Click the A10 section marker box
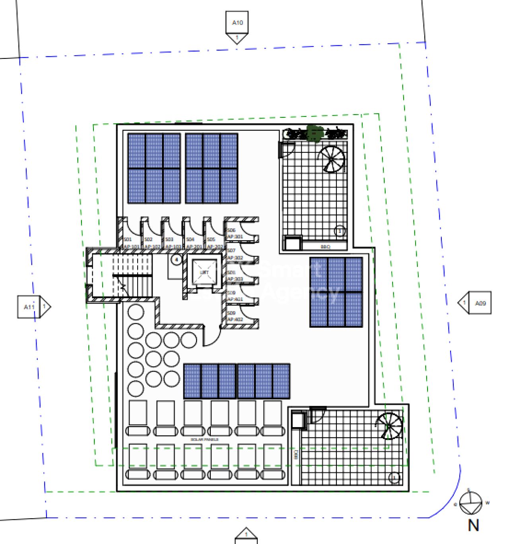coord(237,23)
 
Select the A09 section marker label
coord(480,303)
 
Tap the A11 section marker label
coord(29,307)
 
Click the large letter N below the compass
coord(473,526)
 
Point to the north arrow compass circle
coord(471,503)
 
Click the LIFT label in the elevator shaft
coord(205,272)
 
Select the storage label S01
coord(128,239)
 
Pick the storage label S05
coord(211,239)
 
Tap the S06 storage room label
coord(231,230)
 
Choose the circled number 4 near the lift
coord(176,260)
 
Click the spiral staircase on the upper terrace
coord(331,159)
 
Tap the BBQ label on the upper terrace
coord(325,247)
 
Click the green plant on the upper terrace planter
coord(315,133)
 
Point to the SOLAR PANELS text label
coord(204,439)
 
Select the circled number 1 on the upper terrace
coord(340,231)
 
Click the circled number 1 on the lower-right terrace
coord(394,478)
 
